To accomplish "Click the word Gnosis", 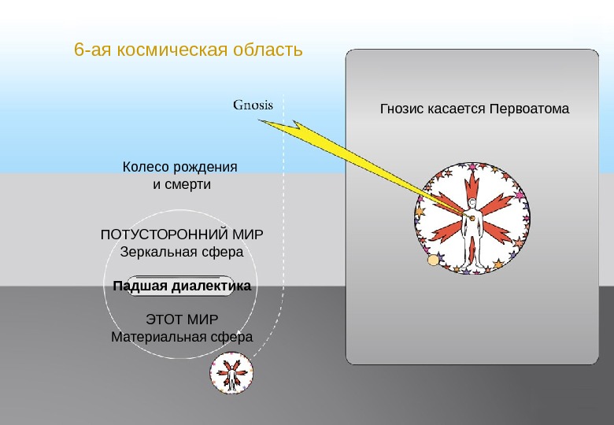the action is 253,104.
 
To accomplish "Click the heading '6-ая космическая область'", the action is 188,50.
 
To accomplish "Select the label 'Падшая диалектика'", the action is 181,286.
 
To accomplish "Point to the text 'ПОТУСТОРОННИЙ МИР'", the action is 182,235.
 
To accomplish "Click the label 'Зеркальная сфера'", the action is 182,253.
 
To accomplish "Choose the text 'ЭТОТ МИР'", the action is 182,320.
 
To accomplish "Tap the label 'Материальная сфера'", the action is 182,337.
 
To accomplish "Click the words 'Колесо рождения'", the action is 180,168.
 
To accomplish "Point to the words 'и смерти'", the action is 182,185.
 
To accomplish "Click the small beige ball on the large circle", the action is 432,261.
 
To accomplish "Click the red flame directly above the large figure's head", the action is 473,184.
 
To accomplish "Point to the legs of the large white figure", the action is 472,252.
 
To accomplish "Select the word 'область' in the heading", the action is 268,50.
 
